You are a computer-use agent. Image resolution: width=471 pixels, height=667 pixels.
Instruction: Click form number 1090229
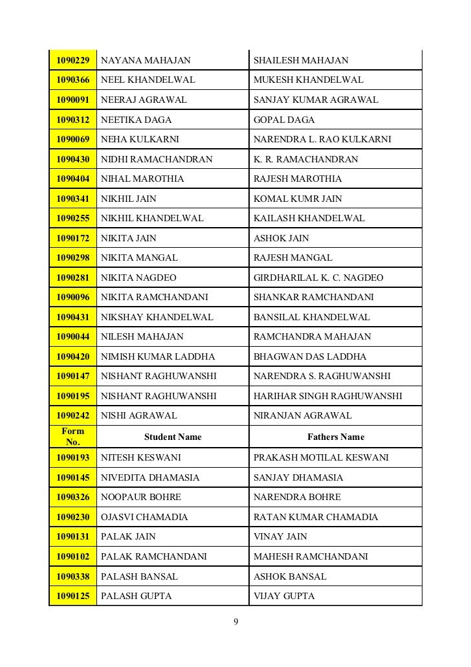point(72,60)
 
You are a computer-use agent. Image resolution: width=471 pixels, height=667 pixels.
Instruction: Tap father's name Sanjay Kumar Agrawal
point(316,100)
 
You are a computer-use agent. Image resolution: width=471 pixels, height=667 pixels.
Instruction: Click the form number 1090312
point(72,120)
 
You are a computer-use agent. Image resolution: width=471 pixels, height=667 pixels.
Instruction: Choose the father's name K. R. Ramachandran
point(305,159)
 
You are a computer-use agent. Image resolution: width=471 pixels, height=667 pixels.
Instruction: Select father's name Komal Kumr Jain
point(298,199)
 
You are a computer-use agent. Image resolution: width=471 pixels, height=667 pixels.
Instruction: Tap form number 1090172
point(72,238)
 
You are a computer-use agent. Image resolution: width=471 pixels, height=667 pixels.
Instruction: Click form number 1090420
point(72,356)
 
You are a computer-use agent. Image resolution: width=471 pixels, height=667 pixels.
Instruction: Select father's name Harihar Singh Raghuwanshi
point(328,395)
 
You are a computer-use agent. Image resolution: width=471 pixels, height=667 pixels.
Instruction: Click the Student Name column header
point(173,437)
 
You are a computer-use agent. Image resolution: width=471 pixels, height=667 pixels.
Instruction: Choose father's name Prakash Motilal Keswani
point(321,457)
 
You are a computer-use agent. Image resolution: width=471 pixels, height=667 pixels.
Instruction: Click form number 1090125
point(72,596)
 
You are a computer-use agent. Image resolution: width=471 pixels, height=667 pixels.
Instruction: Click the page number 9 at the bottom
point(235,622)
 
